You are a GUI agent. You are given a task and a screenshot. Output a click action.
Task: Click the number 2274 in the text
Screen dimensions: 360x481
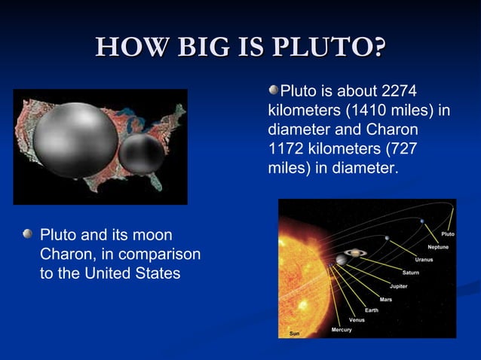click(x=399, y=92)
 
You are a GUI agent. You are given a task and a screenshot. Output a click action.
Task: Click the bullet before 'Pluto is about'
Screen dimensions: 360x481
click(x=274, y=91)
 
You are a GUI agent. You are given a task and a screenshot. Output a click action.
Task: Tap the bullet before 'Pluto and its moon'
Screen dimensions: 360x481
click(x=28, y=235)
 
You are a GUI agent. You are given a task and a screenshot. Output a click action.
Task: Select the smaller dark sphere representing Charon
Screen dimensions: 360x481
click(x=142, y=154)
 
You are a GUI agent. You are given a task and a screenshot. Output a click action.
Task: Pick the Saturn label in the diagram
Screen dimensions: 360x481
click(x=410, y=273)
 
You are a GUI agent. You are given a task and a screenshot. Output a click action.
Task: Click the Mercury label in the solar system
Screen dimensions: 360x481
click(x=341, y=330)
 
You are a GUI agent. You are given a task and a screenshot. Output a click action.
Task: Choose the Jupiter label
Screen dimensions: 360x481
click(x=398, y=286)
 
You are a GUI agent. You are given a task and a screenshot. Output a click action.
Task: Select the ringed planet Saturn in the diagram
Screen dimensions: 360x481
click(x=352, y=254)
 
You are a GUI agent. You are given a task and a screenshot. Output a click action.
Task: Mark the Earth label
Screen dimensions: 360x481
click(x=372, y=310)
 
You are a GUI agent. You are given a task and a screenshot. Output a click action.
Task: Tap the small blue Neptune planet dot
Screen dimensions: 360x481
click(x=422, y=221)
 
